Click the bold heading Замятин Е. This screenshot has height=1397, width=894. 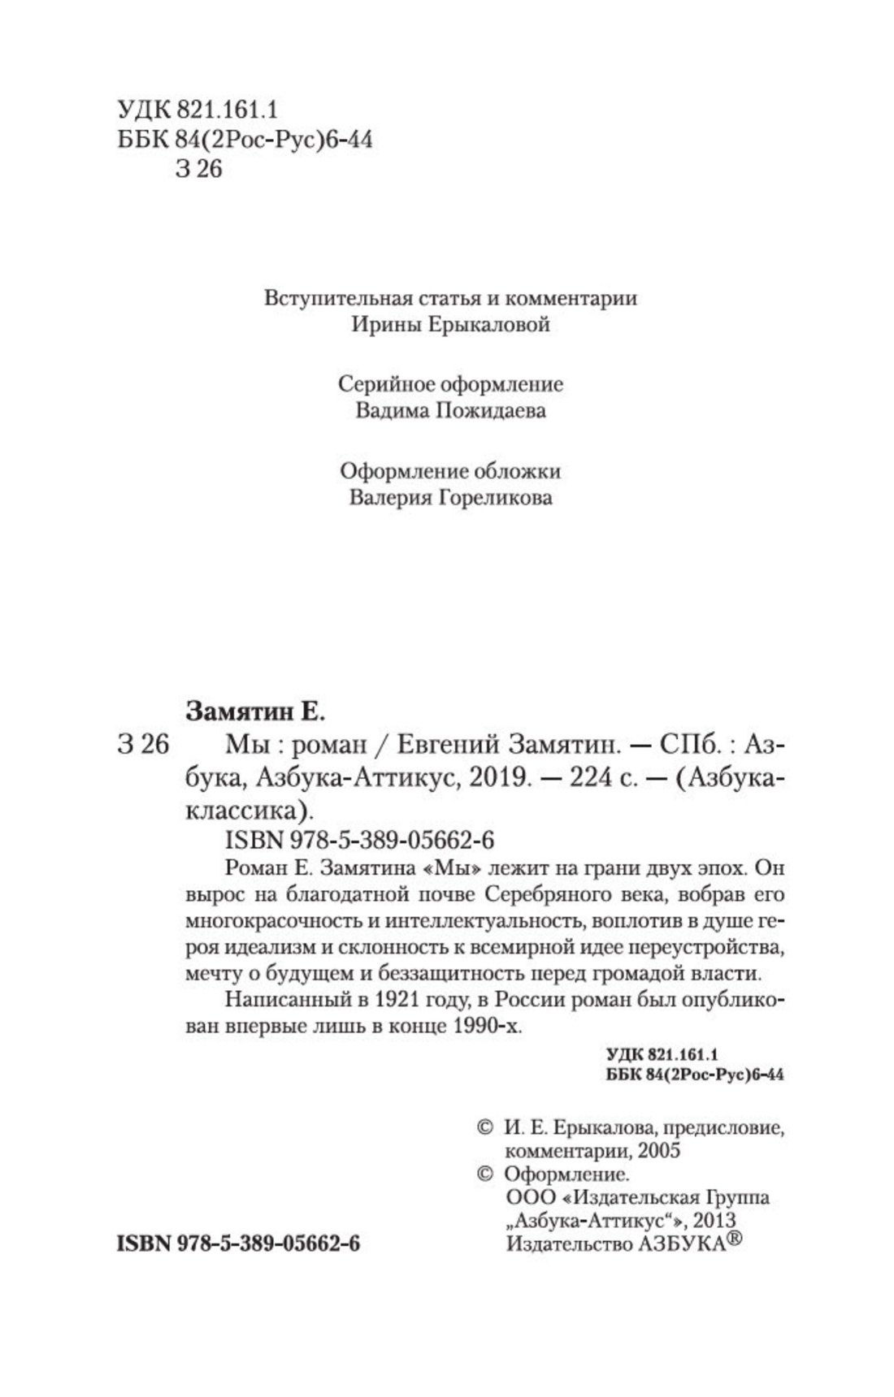(x=255, y=712)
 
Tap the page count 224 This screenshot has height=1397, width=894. (x=594, y=778)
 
